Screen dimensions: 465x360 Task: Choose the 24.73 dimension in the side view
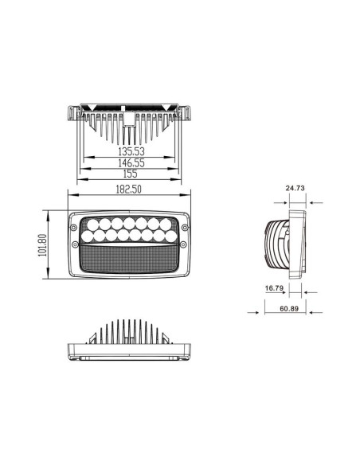click(294, 188)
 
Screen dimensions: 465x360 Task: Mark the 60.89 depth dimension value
click(290, 309)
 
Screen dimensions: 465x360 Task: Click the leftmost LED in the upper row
click(91, 224)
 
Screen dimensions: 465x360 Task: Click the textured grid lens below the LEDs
click(131, 258)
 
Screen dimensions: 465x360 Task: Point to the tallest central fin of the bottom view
click(131, 328)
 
